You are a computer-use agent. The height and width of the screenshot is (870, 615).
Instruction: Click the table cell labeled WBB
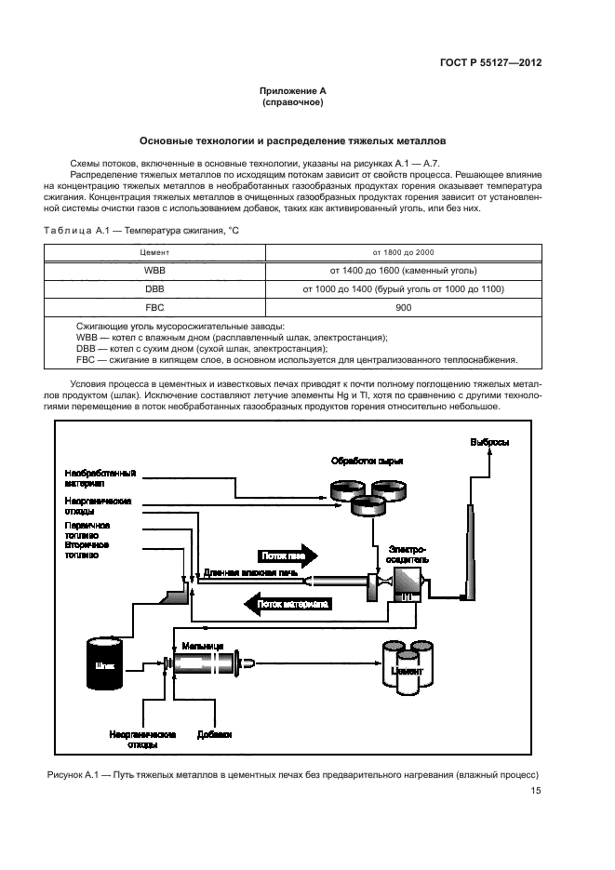(154, 271)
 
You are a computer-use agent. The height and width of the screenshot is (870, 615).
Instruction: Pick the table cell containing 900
(404, 308)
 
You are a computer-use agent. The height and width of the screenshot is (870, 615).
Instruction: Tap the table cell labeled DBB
(154, 289)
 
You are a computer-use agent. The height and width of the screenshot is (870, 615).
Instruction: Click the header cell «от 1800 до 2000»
(404, 252)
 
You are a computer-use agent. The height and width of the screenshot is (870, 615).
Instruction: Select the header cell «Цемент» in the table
(154, 252)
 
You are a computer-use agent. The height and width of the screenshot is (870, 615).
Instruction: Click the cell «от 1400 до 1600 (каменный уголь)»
(404, 271)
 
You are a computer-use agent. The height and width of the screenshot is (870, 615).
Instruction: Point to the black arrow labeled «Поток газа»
(285, 555)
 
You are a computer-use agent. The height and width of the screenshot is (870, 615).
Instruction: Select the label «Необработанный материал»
(100, 478)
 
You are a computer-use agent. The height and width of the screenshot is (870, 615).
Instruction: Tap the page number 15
(536, 792)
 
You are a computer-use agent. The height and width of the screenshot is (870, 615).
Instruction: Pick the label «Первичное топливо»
(88, 529)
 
